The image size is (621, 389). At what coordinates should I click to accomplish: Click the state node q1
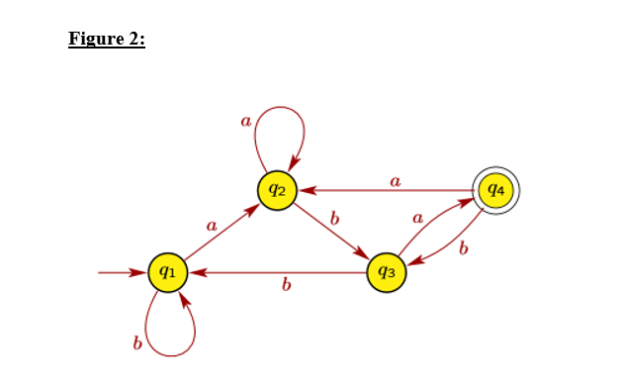pos(168,271)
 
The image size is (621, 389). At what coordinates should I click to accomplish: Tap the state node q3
pos(387,271)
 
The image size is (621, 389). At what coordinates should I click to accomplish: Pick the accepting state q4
pos(495,188)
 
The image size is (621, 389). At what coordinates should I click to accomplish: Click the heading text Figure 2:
pos(107,40)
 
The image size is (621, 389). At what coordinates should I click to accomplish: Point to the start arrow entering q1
pos(121,271)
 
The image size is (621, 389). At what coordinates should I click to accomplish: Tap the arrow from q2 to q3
pos(332,230)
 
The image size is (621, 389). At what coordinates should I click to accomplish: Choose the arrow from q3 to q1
pos(277,271)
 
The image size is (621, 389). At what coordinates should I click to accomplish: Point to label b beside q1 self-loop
pos(136,342)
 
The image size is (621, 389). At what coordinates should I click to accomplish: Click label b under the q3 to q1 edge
pos(286,286)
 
